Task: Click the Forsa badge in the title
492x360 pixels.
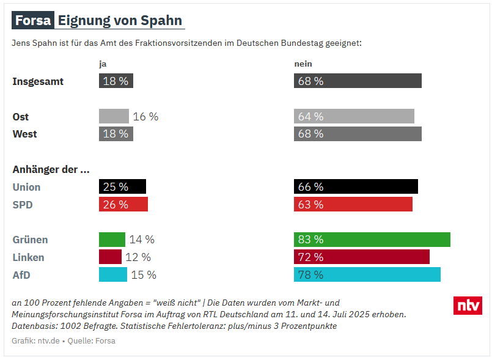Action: coord(32,21)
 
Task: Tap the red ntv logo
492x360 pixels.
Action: coord(468,306)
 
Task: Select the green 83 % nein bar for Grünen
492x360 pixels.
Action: coord(372,240)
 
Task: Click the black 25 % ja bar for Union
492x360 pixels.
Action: coord(122,186)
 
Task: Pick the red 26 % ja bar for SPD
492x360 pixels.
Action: coord(123,204)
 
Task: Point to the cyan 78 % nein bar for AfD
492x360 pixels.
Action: coord(367,275)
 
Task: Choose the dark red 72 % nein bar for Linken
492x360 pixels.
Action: coord(361,257)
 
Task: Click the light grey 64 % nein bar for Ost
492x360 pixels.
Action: coord(354,116)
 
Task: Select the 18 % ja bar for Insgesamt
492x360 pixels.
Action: coord(116,81)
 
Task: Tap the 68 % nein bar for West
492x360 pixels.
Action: coord(358,134)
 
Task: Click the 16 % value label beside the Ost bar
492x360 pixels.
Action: coord(145,116)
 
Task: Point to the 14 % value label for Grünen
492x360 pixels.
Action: coord(142,240)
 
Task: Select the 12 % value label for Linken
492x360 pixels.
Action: coord(138,257)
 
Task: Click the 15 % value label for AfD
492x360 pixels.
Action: coord(144,275)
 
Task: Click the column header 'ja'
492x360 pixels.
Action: coord(103,64)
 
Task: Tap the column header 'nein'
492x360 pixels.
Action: coord(303,64)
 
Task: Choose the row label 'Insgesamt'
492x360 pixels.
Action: coord(38,81)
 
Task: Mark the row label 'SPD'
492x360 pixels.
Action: coord(23,205)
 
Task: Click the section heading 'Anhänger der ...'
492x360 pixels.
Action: coord(51,169)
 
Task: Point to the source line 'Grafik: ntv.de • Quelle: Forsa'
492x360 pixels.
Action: coord(64,340)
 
